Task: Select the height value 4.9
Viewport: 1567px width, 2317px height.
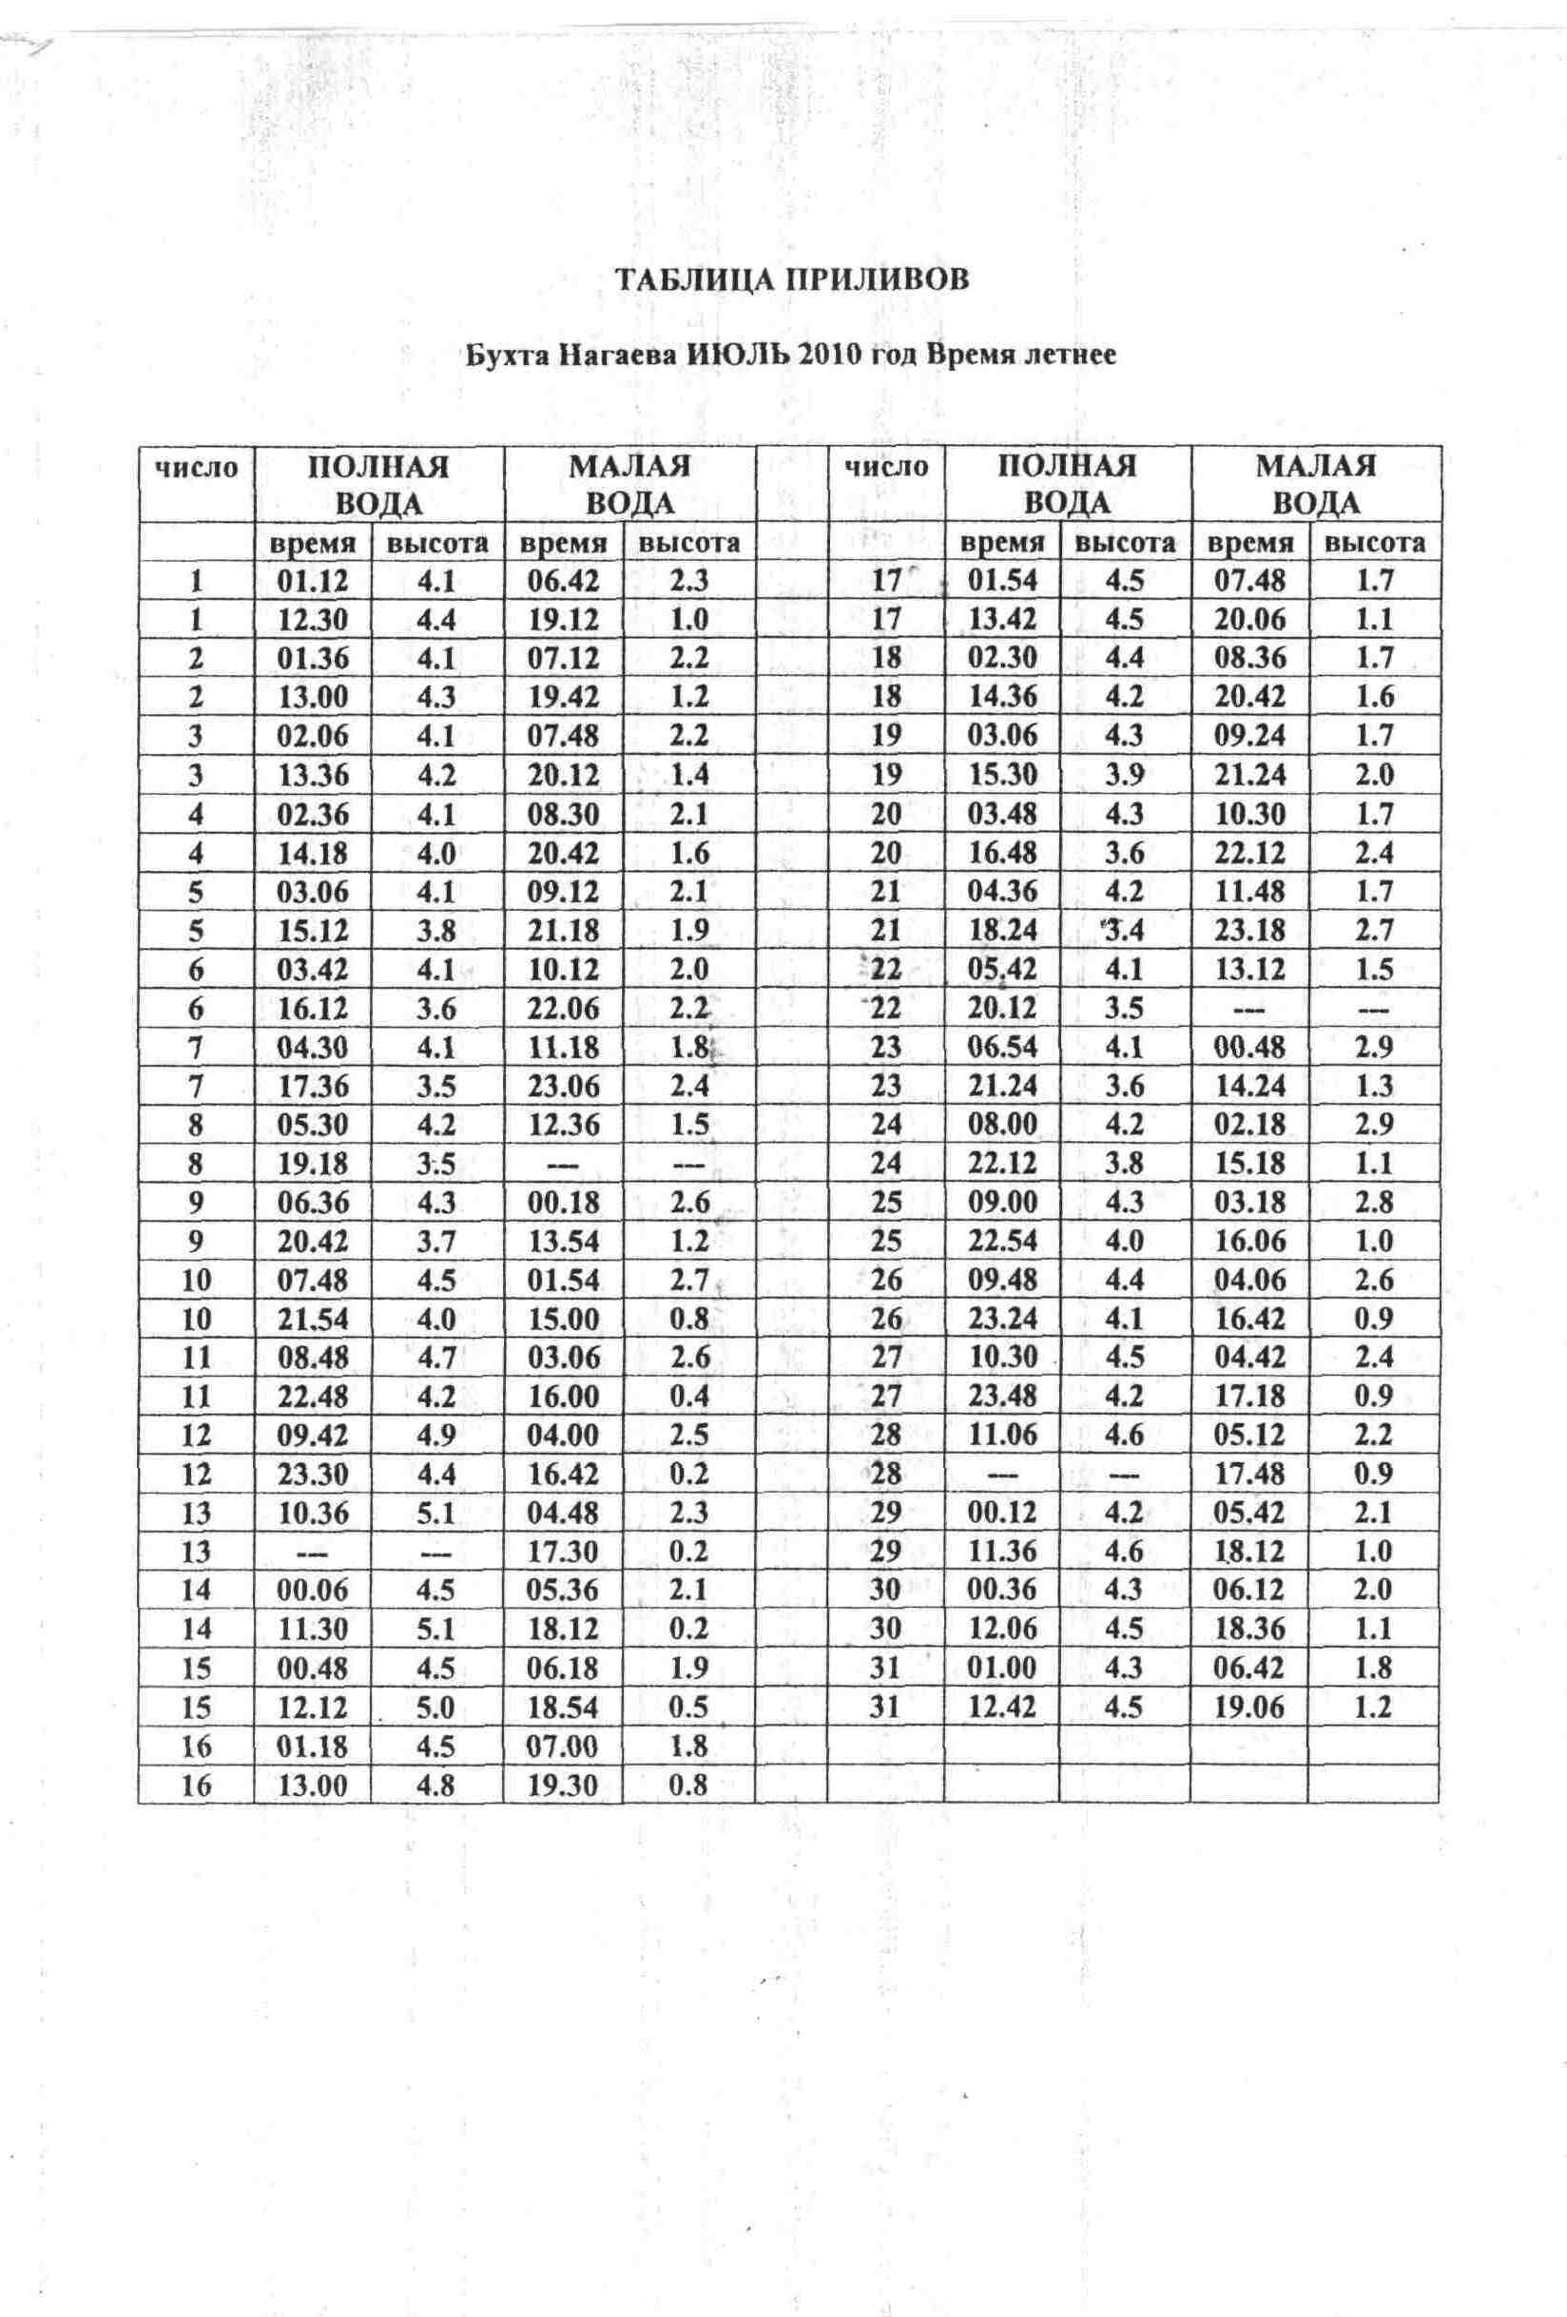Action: pyautogui.click(x=435, y=1435)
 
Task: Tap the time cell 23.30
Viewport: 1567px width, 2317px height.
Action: pyautogui.click(x=313, y=1474)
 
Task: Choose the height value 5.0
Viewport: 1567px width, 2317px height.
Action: pyautogui.click(x=435, y=1708)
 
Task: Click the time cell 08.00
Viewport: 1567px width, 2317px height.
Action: pyautogui.click(x=1003, y=1124)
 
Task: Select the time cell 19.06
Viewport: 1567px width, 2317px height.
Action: pyautogui.click(x=1249, y=1707)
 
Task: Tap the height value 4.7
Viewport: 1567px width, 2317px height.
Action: pyautogui.click(x=435, y=1357)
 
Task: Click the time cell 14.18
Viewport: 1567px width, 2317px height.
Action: pyautogui.click(x=313, y=853)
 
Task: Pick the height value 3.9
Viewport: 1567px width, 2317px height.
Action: pyautogui.click(x=1125, y=775)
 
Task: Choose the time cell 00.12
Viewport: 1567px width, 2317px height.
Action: pyautogui.click(x=1003, y=1513)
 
